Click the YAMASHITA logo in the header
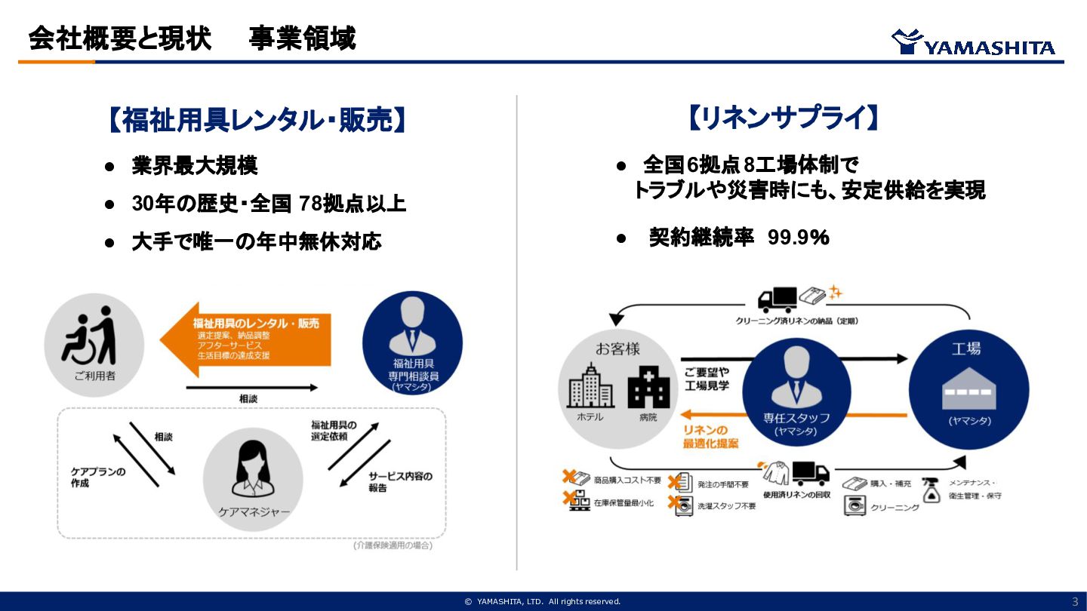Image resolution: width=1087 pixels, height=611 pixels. (973, 43)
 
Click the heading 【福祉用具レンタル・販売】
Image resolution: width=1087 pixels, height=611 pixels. (257, 120)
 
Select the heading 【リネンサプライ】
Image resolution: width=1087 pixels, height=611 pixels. (783, 118)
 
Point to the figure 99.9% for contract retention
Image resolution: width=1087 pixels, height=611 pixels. (799, 238)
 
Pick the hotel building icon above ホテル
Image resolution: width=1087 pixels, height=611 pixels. (590, 387)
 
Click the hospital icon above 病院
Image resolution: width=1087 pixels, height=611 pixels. (648, 387)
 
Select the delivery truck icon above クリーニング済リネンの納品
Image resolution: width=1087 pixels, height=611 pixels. (777, 299)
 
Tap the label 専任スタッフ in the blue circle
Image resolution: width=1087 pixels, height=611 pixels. (796, 418)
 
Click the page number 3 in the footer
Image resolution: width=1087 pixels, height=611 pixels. (1075, 601)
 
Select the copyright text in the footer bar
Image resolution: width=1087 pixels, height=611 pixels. (543, 601)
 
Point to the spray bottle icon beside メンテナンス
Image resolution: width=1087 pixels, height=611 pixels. (931, 491)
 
